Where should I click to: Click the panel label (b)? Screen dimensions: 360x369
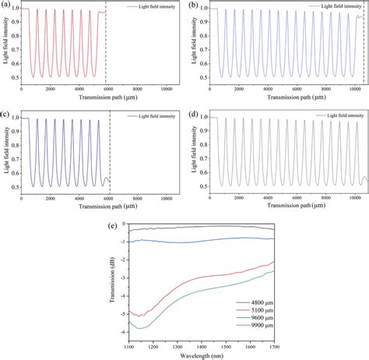[192, 5]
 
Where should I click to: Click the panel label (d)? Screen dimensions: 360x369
[192, 115]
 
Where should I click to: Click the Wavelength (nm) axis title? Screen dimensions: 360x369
[200, 356]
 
